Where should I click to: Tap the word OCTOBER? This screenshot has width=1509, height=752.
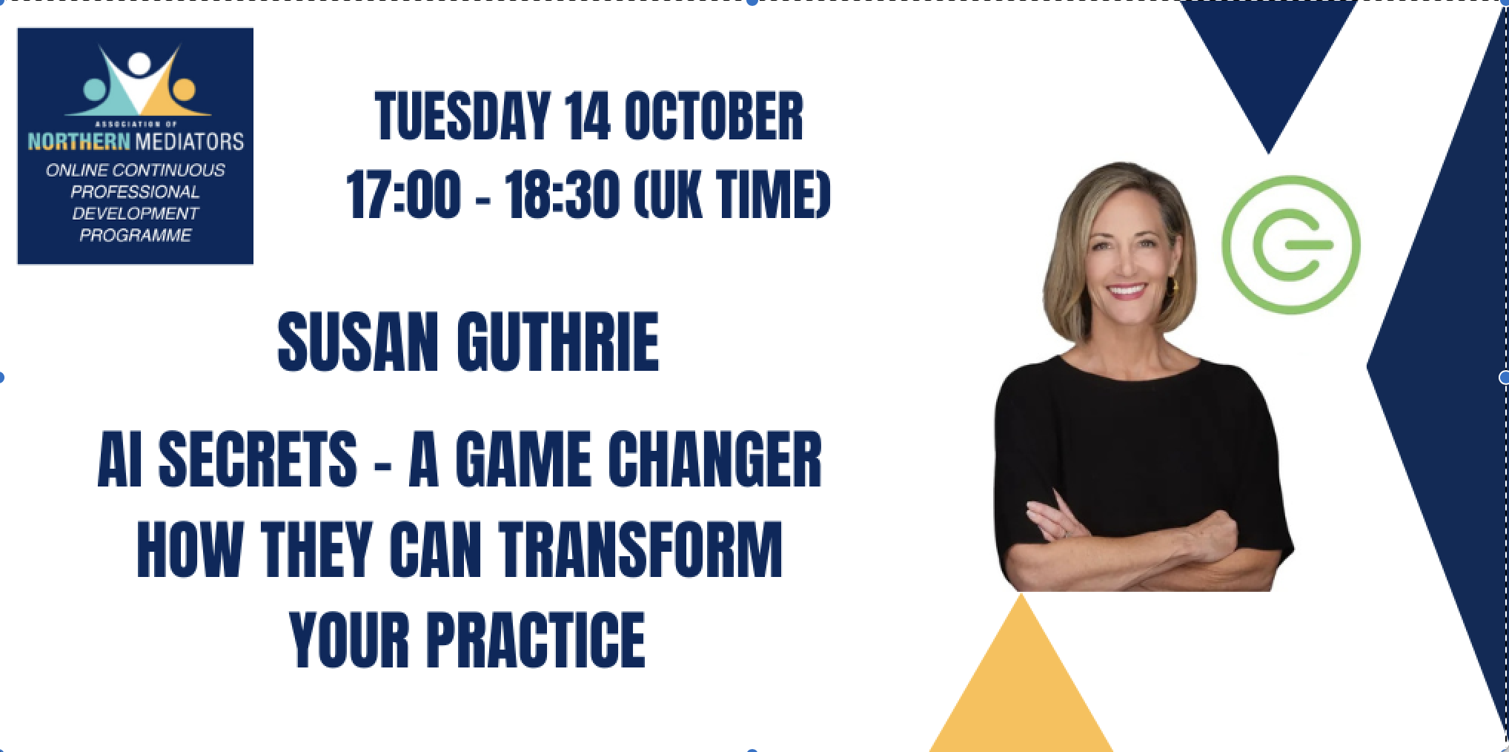(x=713, y=117)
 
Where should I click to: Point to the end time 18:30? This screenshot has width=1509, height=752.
(x=562, y=196)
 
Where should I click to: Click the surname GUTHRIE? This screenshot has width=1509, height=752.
(x=557, y=343)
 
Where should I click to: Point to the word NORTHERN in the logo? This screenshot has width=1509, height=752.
(x=79, y=140)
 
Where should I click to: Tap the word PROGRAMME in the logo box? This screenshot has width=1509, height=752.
(x=135, y=236)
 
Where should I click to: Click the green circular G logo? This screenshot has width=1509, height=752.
(x=1290, y=245)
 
